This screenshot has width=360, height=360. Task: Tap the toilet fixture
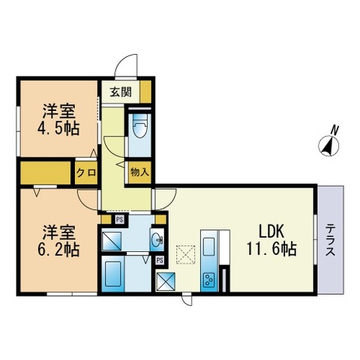tap(139, 126)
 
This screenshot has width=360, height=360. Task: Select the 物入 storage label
tap(139, 172)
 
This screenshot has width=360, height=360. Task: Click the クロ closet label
tap(86, 172)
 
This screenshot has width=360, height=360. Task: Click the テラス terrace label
tap(331, 240)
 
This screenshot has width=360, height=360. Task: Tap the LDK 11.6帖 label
tap(271, 241)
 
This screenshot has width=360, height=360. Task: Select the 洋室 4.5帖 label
tap(58, 120)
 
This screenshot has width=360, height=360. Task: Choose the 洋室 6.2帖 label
tap(58, 241)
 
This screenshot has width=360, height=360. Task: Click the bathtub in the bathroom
tap(113, 274)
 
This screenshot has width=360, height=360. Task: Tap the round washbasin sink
tap(157, 240)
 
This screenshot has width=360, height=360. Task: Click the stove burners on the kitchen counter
tap(209, 280)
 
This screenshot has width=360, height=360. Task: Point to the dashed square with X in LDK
tap(185, 254)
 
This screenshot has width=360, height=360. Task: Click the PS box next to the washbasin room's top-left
tap(119, 220)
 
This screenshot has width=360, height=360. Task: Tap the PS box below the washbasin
tap(160, 260)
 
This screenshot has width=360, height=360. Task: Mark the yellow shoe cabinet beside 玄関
tap(145, 91)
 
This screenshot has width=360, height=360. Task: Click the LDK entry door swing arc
tap(171, 203)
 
